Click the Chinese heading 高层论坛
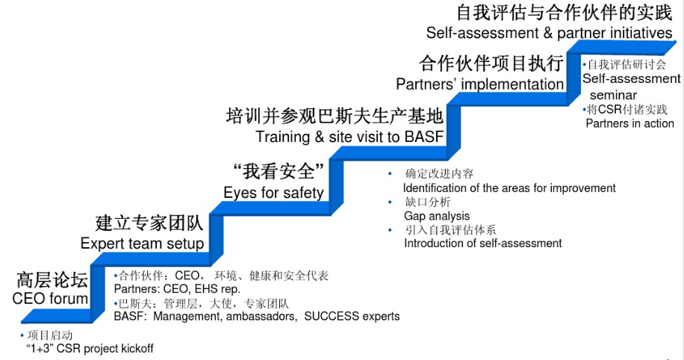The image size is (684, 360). click(x=52, y=281)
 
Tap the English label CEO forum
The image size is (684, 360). click(x=50, y=299)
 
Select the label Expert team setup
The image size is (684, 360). click(x=142, y=243)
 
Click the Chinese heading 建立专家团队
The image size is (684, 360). click(x=149, y=223)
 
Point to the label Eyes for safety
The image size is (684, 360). click(x=273, y=193)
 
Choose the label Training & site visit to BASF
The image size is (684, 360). click(x=349, y=137)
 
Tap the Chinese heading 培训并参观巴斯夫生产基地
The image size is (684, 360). click(x=335, y=117)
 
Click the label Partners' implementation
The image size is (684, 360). click(x=479, y=84)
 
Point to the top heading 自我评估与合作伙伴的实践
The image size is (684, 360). click(x=564, y=13)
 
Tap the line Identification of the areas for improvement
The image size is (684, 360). click(x=509, y=188)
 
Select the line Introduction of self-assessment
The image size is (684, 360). click(x=482, y=243)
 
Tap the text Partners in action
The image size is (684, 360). click(x=629, y=123)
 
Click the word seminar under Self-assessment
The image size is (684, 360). click(x=613, y=95)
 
